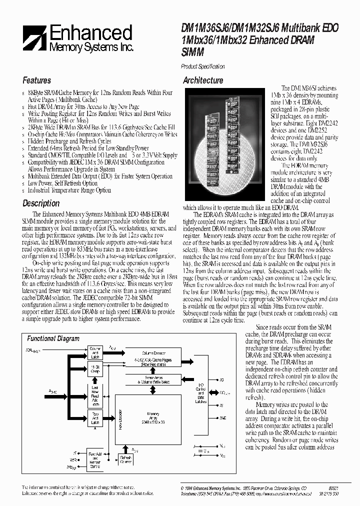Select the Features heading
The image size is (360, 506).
36,80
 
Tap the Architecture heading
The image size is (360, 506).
203,80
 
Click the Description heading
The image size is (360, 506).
41,203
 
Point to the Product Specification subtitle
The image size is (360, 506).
202,66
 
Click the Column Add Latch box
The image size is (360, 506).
95,351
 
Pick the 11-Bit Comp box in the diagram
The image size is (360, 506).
95,369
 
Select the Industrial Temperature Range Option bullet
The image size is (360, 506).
69,190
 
